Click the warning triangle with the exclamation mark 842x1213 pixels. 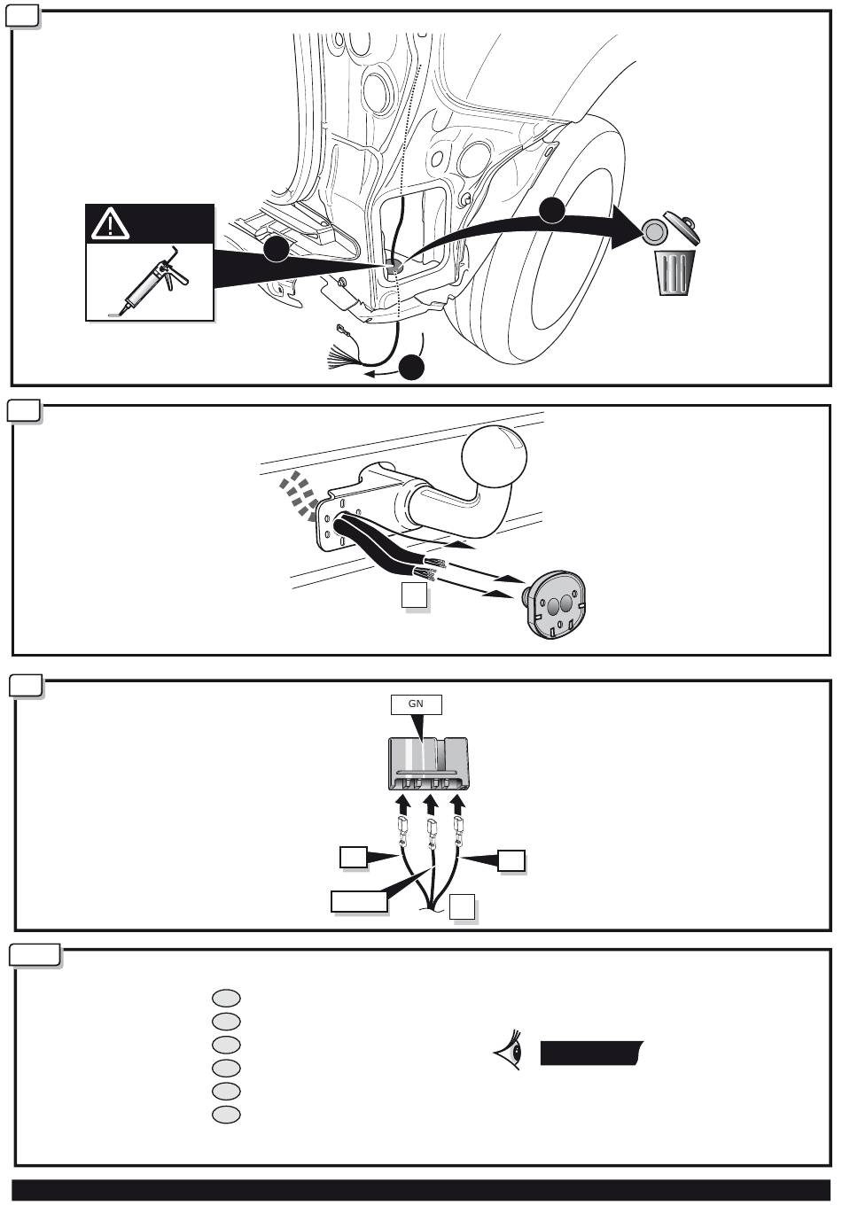[x=110, y=225]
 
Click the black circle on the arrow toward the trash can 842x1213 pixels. [x=552, y=209]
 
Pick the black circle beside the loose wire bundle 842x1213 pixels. [x=411, y=367]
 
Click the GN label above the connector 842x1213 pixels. [x=416, y=704]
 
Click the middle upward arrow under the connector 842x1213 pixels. [x=430, y=804]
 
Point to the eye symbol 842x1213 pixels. [x=510, y=1052]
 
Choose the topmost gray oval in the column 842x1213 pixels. [x=226, y=998]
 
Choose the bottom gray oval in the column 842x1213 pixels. [x=226, y=1114]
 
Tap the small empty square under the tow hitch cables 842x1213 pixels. [x=415, y=595]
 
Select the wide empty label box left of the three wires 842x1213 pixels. [x=359, y=901]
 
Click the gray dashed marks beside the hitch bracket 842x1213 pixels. [x=299, y=494]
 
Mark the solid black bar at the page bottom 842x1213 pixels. [x=421, y=1190]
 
